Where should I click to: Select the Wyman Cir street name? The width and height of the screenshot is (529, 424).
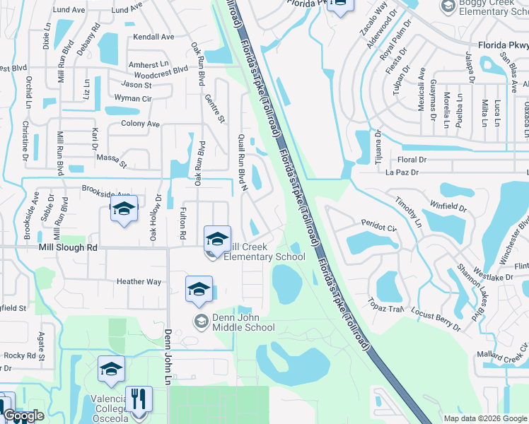tap(133, 99)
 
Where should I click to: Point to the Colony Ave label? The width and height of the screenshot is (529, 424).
tap(140, 124)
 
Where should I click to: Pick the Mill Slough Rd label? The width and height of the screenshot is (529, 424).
tap(68, 248)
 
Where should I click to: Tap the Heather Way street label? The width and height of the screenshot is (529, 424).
tap(139, 282)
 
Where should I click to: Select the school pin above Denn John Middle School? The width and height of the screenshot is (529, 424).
tap(199, 289)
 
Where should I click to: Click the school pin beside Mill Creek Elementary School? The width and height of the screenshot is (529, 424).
tap(217, 239)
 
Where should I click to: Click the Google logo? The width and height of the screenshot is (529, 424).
tap(23, 416)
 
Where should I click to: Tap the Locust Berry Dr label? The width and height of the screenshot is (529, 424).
tap(436, 319)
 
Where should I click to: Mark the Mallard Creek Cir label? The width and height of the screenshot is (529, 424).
tap(503, 348)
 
